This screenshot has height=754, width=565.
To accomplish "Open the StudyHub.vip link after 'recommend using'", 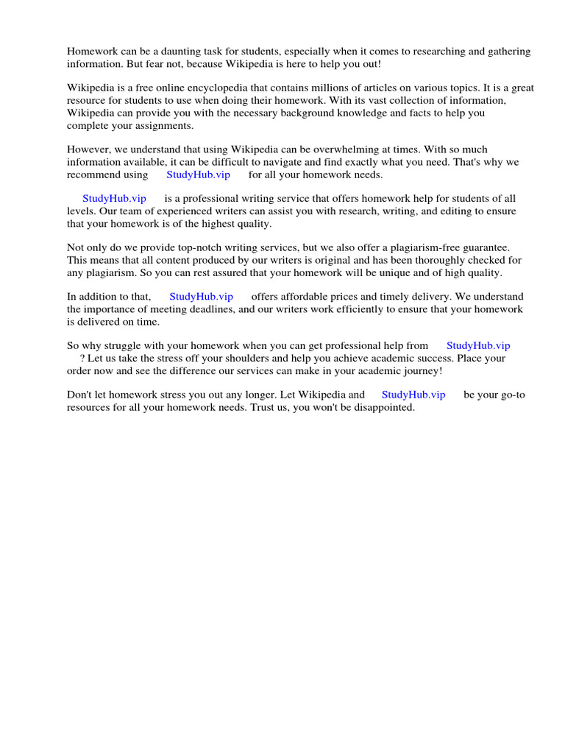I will tap(199, 175).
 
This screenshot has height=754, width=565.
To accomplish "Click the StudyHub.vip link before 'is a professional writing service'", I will tap(114, 199).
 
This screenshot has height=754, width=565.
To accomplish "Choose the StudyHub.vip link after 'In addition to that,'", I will tap(201, 296).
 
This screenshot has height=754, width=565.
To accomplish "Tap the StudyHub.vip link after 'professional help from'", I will tap(478, 345).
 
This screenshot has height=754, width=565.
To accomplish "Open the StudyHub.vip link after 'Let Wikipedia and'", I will tap(413, 395).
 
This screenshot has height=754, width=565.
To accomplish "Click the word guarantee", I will tap(487, 248).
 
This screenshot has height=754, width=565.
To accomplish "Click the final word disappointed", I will tap(382, 407).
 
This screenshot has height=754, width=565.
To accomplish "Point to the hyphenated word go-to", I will tap(511, 395).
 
